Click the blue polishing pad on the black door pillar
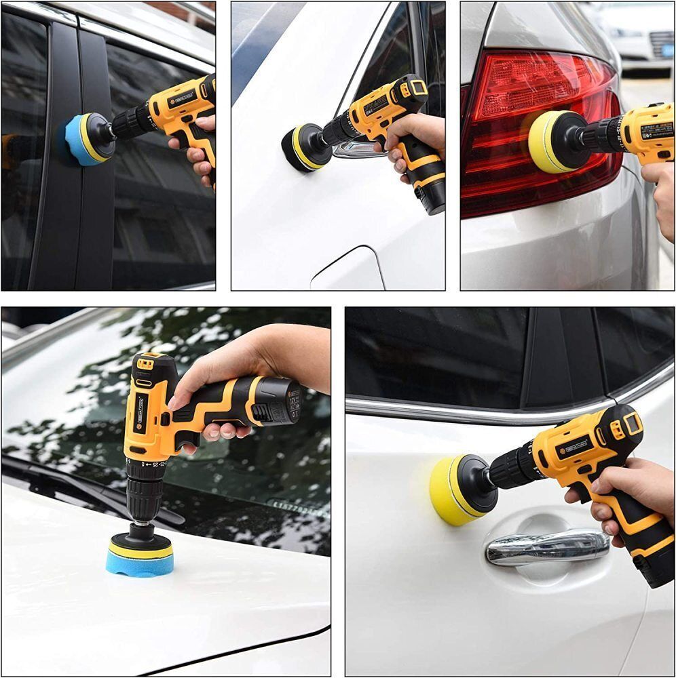tap(80, 139)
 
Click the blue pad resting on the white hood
tap(139, 560)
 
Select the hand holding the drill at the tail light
tap(660, 197)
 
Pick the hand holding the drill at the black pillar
tap(198, 153)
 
